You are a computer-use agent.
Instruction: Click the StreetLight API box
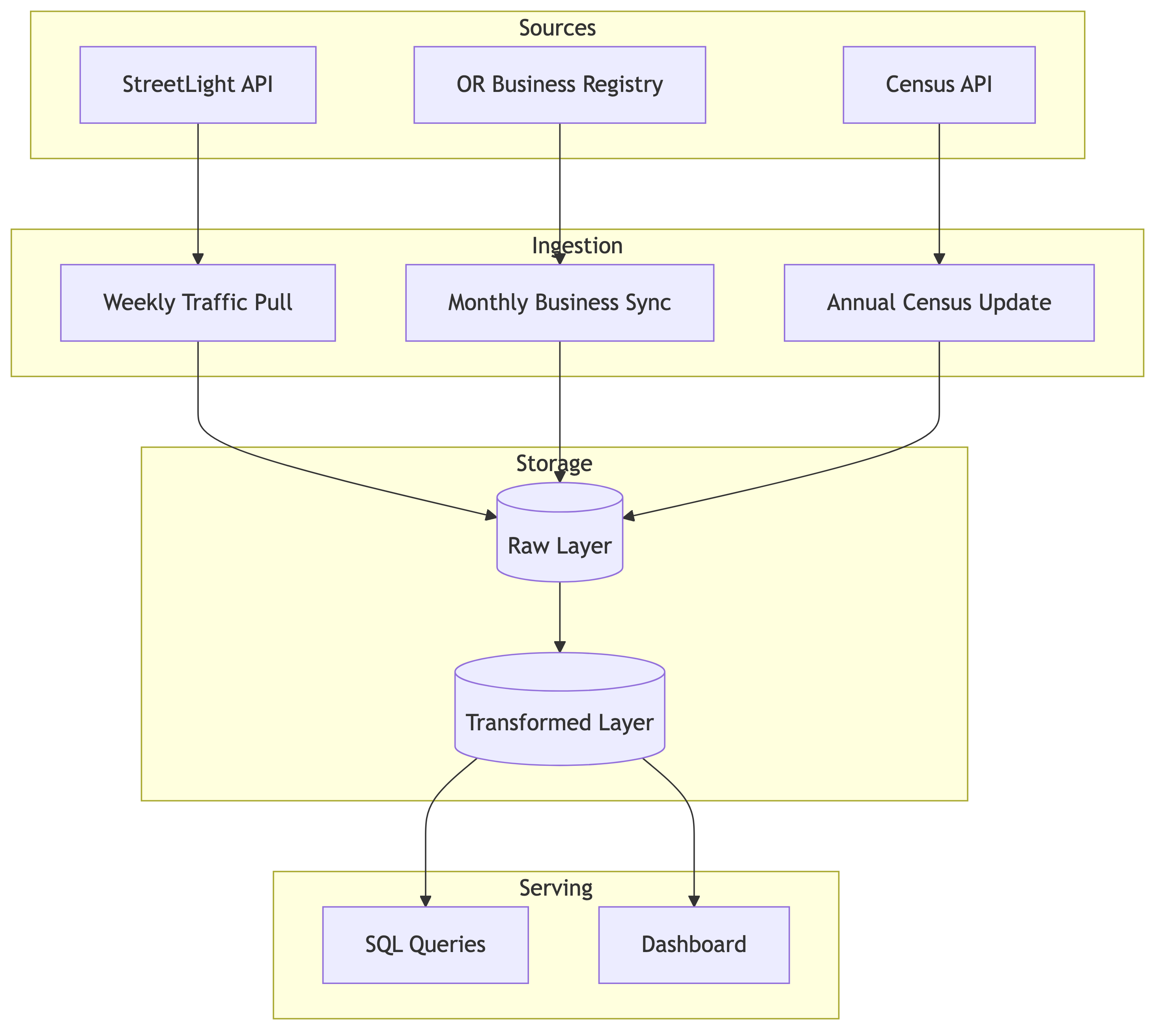(198, 85)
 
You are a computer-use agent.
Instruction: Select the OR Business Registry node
(560, 85)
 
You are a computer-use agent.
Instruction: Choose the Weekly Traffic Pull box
(198, 303)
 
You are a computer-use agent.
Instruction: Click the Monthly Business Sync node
(560, 303)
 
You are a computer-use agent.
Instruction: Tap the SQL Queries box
(425, 945)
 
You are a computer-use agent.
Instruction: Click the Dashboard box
(694, 945)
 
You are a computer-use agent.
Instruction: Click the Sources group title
(557, 28)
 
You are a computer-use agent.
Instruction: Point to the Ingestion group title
(577, 246)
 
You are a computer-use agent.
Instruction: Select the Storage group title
(554, 464)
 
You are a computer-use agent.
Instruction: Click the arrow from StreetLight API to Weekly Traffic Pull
(198, 192)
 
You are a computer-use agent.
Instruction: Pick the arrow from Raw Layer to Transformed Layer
(560, 616)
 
